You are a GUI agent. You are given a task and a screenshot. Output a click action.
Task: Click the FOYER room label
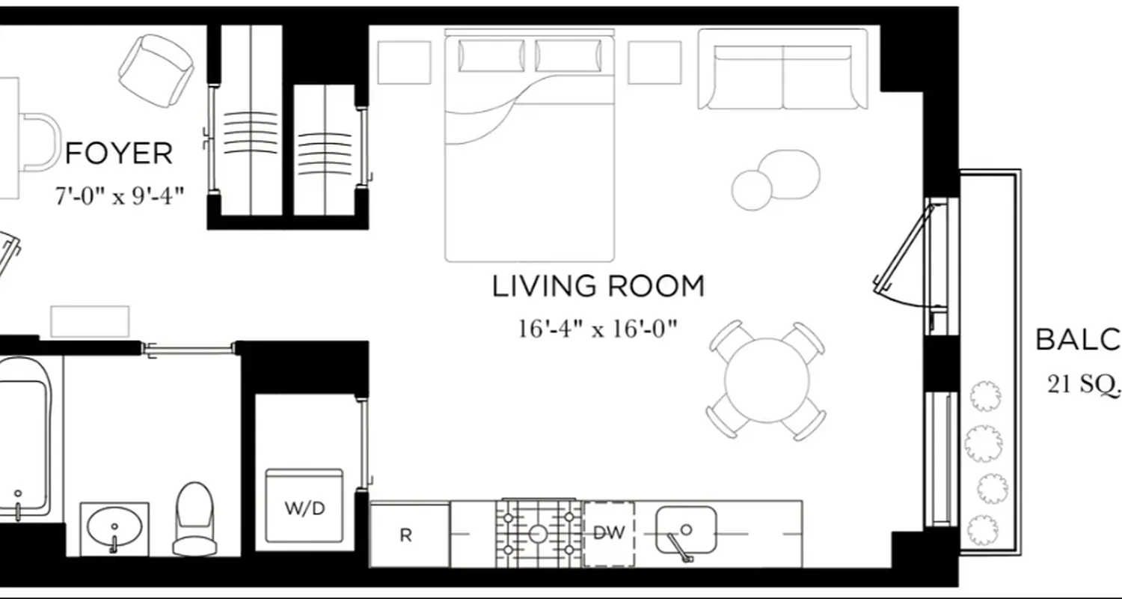coord(119,153)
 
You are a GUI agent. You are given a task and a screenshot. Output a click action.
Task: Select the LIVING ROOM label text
coord(598,287)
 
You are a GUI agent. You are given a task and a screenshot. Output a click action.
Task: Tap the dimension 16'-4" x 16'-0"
coord(598,329)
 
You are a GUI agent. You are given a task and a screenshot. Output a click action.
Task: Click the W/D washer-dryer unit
coord(304,507)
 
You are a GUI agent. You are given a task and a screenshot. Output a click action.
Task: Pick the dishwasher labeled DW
coord(608,533)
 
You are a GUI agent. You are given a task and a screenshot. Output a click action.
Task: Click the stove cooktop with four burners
coord(538,533)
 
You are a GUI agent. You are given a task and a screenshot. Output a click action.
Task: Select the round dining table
coord(767,380)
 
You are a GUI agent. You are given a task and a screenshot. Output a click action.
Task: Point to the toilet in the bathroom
coord(194,518)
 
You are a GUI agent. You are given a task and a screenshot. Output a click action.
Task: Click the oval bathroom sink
coord(114,527)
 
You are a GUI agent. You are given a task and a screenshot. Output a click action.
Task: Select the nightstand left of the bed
coord(404,62)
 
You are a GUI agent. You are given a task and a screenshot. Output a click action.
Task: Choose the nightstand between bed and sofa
coord(654,62)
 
